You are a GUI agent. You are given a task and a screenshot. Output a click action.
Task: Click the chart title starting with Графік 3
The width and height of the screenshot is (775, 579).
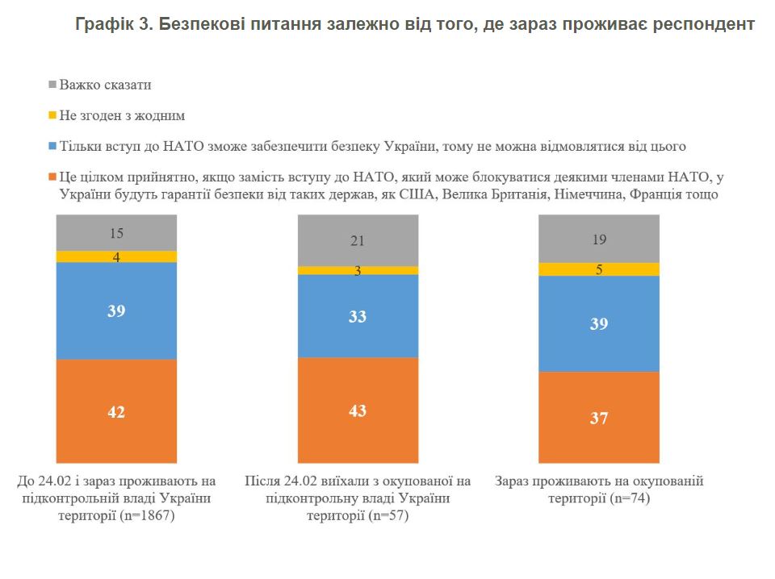click(x=416, y=25)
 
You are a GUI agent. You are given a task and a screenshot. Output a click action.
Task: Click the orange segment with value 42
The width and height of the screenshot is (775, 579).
click(x=116, y=411)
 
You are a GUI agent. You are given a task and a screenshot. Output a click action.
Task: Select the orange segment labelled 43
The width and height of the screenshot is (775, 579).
click(x=358, y=410)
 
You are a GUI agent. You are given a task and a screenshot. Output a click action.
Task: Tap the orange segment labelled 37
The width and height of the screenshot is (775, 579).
click(x=599, y=417)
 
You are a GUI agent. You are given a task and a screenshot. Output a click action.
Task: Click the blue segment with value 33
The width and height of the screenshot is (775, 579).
click(x=358, y=316)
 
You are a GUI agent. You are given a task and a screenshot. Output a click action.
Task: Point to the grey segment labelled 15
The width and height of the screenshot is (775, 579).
click(x=116, y=233)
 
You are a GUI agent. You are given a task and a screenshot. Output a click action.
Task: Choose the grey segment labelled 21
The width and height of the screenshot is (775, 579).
click(x=358, y=240)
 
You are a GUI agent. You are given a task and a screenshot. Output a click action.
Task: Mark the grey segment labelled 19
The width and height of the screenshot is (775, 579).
click(x=599, y=239)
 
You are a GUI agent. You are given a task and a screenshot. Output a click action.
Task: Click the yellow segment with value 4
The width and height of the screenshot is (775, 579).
click(x=116, y=256)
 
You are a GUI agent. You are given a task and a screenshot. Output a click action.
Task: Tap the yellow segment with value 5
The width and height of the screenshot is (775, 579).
click(x=599, y=269)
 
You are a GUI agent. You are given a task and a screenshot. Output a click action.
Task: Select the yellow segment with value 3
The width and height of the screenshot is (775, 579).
click(x=358, y=271)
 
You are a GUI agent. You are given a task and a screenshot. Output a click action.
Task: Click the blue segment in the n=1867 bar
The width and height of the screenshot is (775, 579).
click(x=116, y=310)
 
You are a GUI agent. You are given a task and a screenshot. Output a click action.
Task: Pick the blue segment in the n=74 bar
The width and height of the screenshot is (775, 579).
click(x=599, y=323)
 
